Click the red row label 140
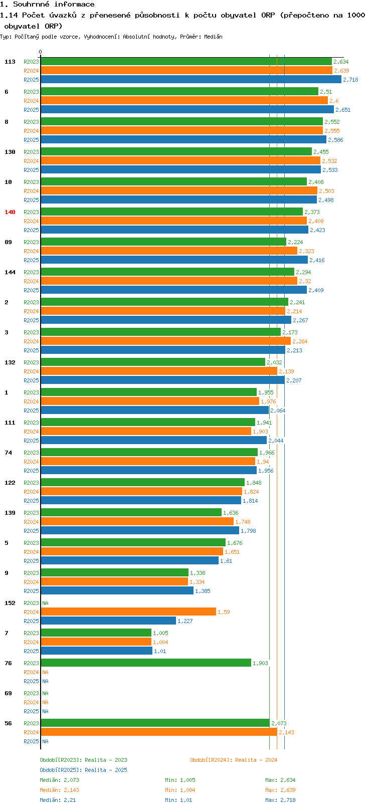tap(10, 212)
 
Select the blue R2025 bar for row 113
tap(191, 80)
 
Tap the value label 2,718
tap(350, 80)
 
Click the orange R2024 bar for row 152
tap(128, 612)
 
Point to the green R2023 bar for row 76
tap(145, 663)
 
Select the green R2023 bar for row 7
tap(96, 633)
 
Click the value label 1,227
tap(185, 621)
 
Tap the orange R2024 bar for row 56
tap(158, 732)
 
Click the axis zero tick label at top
tap(41, 52)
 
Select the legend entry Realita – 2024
tap(234, 760)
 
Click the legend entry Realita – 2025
tap(84, 770)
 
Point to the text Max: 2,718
tap(280, 800)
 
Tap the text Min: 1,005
tap(180, 780)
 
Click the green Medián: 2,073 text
tap(59, 780)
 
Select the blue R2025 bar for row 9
tap(117, 591)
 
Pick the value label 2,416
tap(317, 260)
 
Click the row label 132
tap(10, 362)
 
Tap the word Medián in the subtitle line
tap(213, 37)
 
